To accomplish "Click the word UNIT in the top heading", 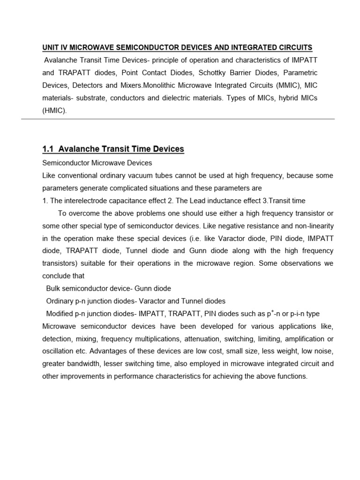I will point(51,48).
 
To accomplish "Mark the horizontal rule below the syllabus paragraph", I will point(178,119).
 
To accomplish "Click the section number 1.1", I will point(49,149).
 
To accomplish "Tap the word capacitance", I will point(115,201).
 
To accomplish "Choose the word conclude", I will point(56,276).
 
